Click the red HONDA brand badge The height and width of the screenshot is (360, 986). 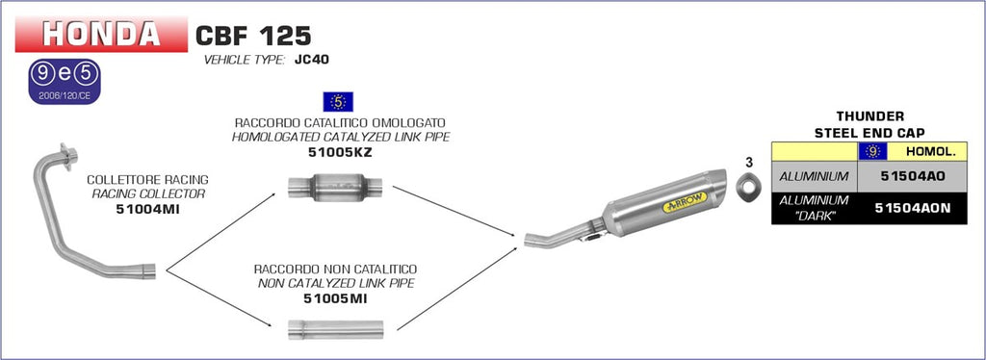100,35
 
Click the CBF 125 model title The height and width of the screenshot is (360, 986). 253,37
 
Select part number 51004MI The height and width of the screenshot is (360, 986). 147,208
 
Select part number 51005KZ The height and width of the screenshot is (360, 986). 338,151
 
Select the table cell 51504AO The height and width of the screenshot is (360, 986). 910,176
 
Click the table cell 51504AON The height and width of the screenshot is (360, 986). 910,207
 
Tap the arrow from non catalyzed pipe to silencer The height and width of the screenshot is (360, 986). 456,289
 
